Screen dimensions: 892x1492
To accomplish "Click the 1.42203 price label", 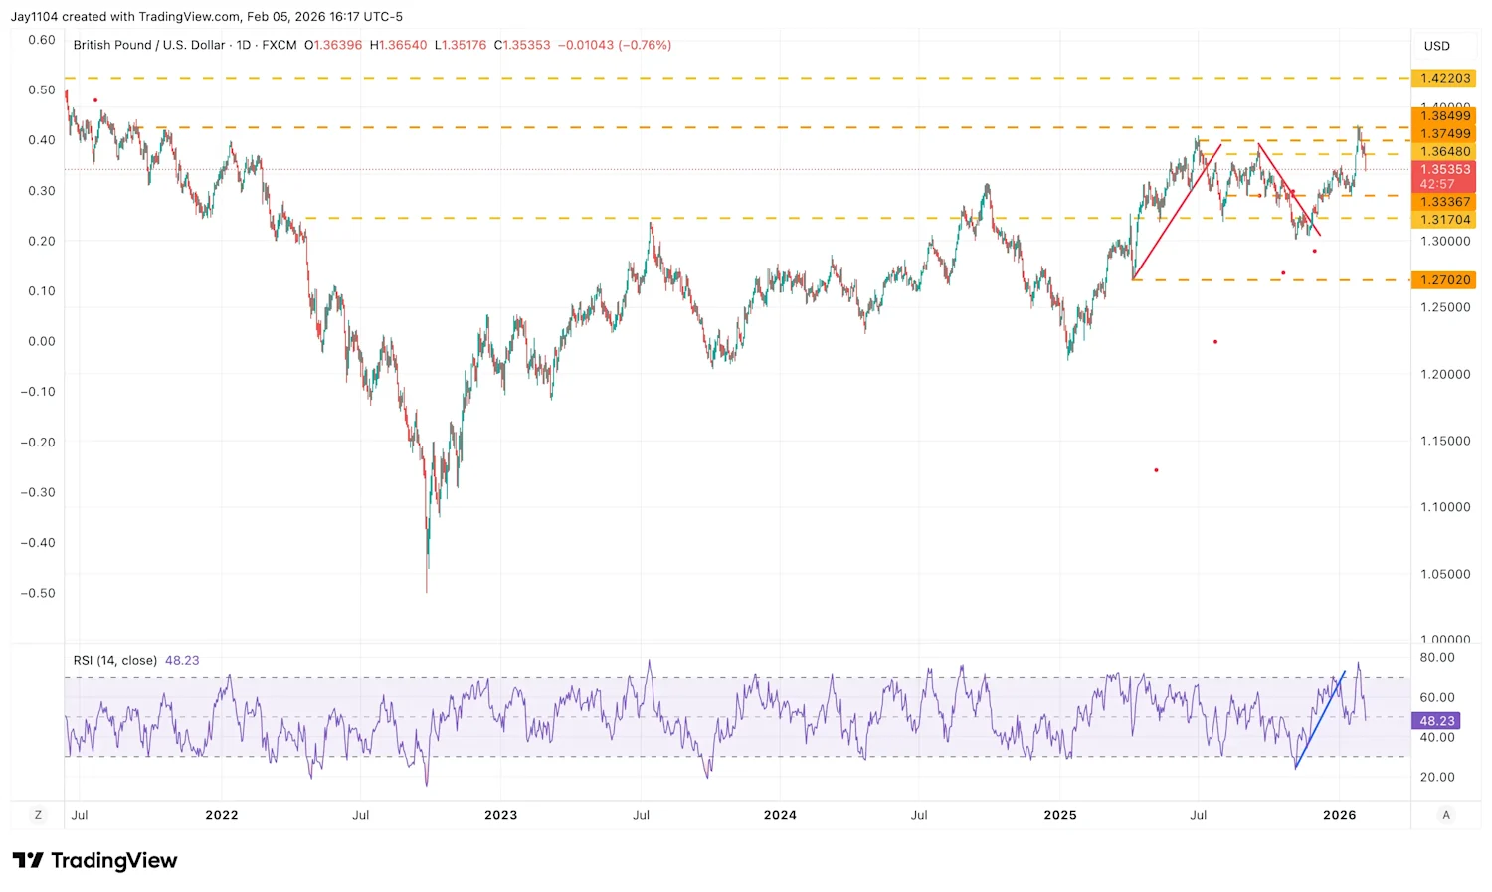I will click(1444, 78).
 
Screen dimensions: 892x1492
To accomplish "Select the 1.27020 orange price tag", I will click(1444, 280).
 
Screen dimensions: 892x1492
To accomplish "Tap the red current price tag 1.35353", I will click(1444, 170).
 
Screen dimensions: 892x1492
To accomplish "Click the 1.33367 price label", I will click(1444, 202).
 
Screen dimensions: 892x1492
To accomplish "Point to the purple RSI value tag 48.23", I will click(1436, 721).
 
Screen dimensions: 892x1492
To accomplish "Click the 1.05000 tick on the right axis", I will click(1444, 574).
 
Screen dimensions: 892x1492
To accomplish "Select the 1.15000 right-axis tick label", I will click(1444, 441).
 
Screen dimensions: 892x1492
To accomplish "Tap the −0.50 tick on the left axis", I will click(41, 593).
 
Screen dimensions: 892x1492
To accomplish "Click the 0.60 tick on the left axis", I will click(41, 40).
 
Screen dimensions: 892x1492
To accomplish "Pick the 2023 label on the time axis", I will click(500, 815).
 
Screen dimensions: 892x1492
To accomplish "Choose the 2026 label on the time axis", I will click(1339, 815).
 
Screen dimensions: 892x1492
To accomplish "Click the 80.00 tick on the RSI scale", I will click(1436, 658).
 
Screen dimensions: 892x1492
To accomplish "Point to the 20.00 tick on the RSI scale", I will click(1436, 777).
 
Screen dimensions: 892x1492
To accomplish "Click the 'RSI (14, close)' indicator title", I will click(114, 661).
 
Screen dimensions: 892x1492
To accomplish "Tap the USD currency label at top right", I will click(1436, 46).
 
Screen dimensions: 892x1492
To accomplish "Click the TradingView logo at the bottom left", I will click(94, 860).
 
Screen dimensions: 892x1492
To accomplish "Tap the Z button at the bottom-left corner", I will click(38, 815).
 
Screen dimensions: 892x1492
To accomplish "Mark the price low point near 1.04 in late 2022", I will click(427, 591).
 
